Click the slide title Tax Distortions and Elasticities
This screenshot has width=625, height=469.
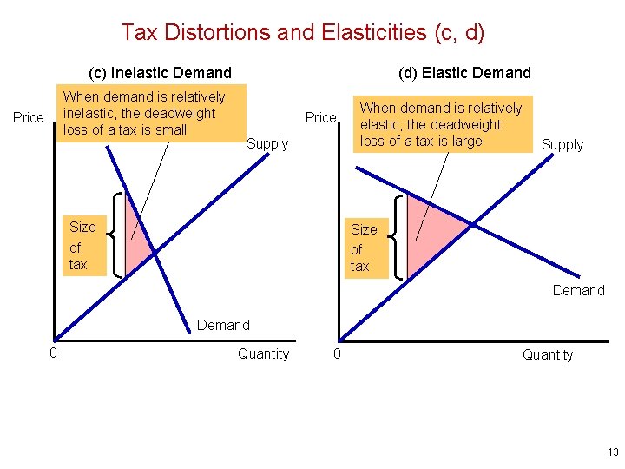point(302,33)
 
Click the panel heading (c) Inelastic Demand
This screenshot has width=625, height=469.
point(161,73)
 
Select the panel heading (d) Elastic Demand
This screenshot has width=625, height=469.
point(464,73)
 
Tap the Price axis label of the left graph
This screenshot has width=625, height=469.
point(29,117)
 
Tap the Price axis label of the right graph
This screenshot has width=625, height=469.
point(320,117)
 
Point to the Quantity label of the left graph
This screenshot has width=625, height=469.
point(263,353)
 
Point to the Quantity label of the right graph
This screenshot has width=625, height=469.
point(547,354)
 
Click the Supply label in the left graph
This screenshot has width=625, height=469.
point(267,143)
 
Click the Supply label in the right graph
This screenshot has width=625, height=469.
point(562,144)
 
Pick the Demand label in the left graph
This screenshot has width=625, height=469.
point(223,325)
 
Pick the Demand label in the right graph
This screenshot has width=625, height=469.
point(578,290)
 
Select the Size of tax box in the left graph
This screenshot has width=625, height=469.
point(82,246)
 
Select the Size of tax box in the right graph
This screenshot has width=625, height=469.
point(363,248)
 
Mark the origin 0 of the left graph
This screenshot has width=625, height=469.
point(53,353)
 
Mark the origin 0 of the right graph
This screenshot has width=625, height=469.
point(338,353)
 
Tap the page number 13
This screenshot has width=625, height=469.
point(613,452)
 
